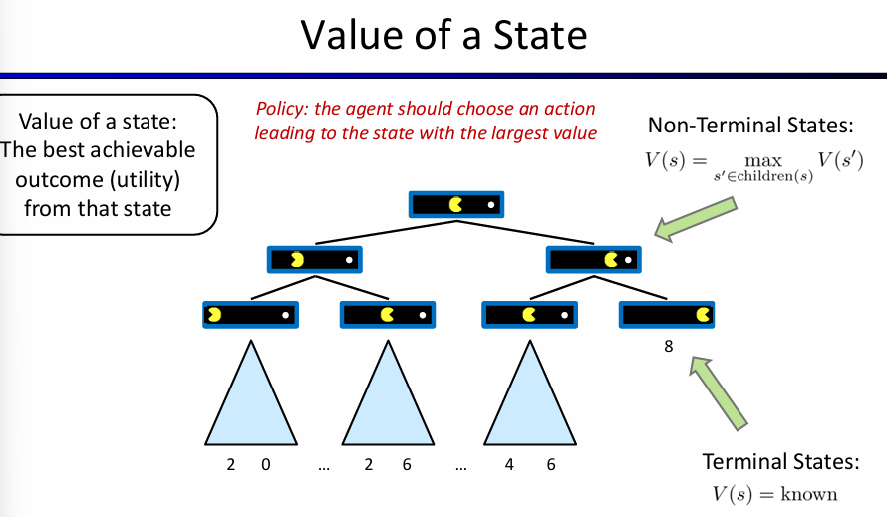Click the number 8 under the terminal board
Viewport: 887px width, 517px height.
(669, 347)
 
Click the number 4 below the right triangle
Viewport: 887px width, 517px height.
(509, 463)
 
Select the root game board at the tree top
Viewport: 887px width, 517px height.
(456, 204)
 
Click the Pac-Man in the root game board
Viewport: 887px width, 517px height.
(456, 204)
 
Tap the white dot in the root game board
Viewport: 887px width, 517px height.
(490, 205)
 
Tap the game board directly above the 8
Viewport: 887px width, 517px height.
(667, 316)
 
